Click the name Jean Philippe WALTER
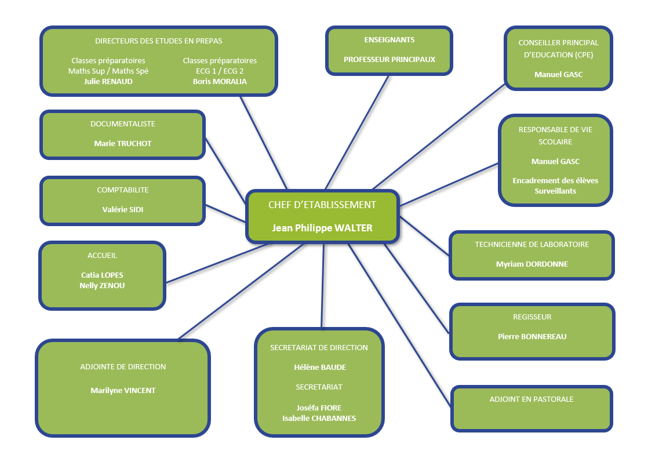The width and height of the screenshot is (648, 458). coord(322,228)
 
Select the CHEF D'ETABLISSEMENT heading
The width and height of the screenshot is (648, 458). coord(322,205)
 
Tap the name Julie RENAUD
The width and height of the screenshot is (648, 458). coord(108,81)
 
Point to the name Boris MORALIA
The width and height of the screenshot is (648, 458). coord(220,81)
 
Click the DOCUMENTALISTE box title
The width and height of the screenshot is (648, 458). coord(123,123)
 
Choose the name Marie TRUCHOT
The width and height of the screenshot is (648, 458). coord(123,143)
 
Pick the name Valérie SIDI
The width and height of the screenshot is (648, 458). coord(123,209)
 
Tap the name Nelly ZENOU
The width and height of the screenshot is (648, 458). coord(102,285)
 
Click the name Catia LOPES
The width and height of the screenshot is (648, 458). coord(102,275)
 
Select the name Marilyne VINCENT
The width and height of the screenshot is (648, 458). coord(123,390)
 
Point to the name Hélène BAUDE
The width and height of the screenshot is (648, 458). coord(319,367)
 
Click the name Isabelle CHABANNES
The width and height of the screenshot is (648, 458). coord(319,418)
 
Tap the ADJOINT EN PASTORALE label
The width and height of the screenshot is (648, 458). coord(531,399)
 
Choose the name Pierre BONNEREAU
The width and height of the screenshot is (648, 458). coord(532,336)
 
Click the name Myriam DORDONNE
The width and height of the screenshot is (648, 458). coord(532,264)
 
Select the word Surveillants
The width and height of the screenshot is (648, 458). coord(555,191)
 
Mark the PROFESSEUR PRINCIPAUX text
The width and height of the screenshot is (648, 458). coord(389,59)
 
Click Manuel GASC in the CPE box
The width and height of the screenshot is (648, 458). coord(559,74)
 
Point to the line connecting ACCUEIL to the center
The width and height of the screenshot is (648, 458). coord(217,263)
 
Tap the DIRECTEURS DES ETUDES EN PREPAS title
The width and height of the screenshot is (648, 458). coord(158,41)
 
